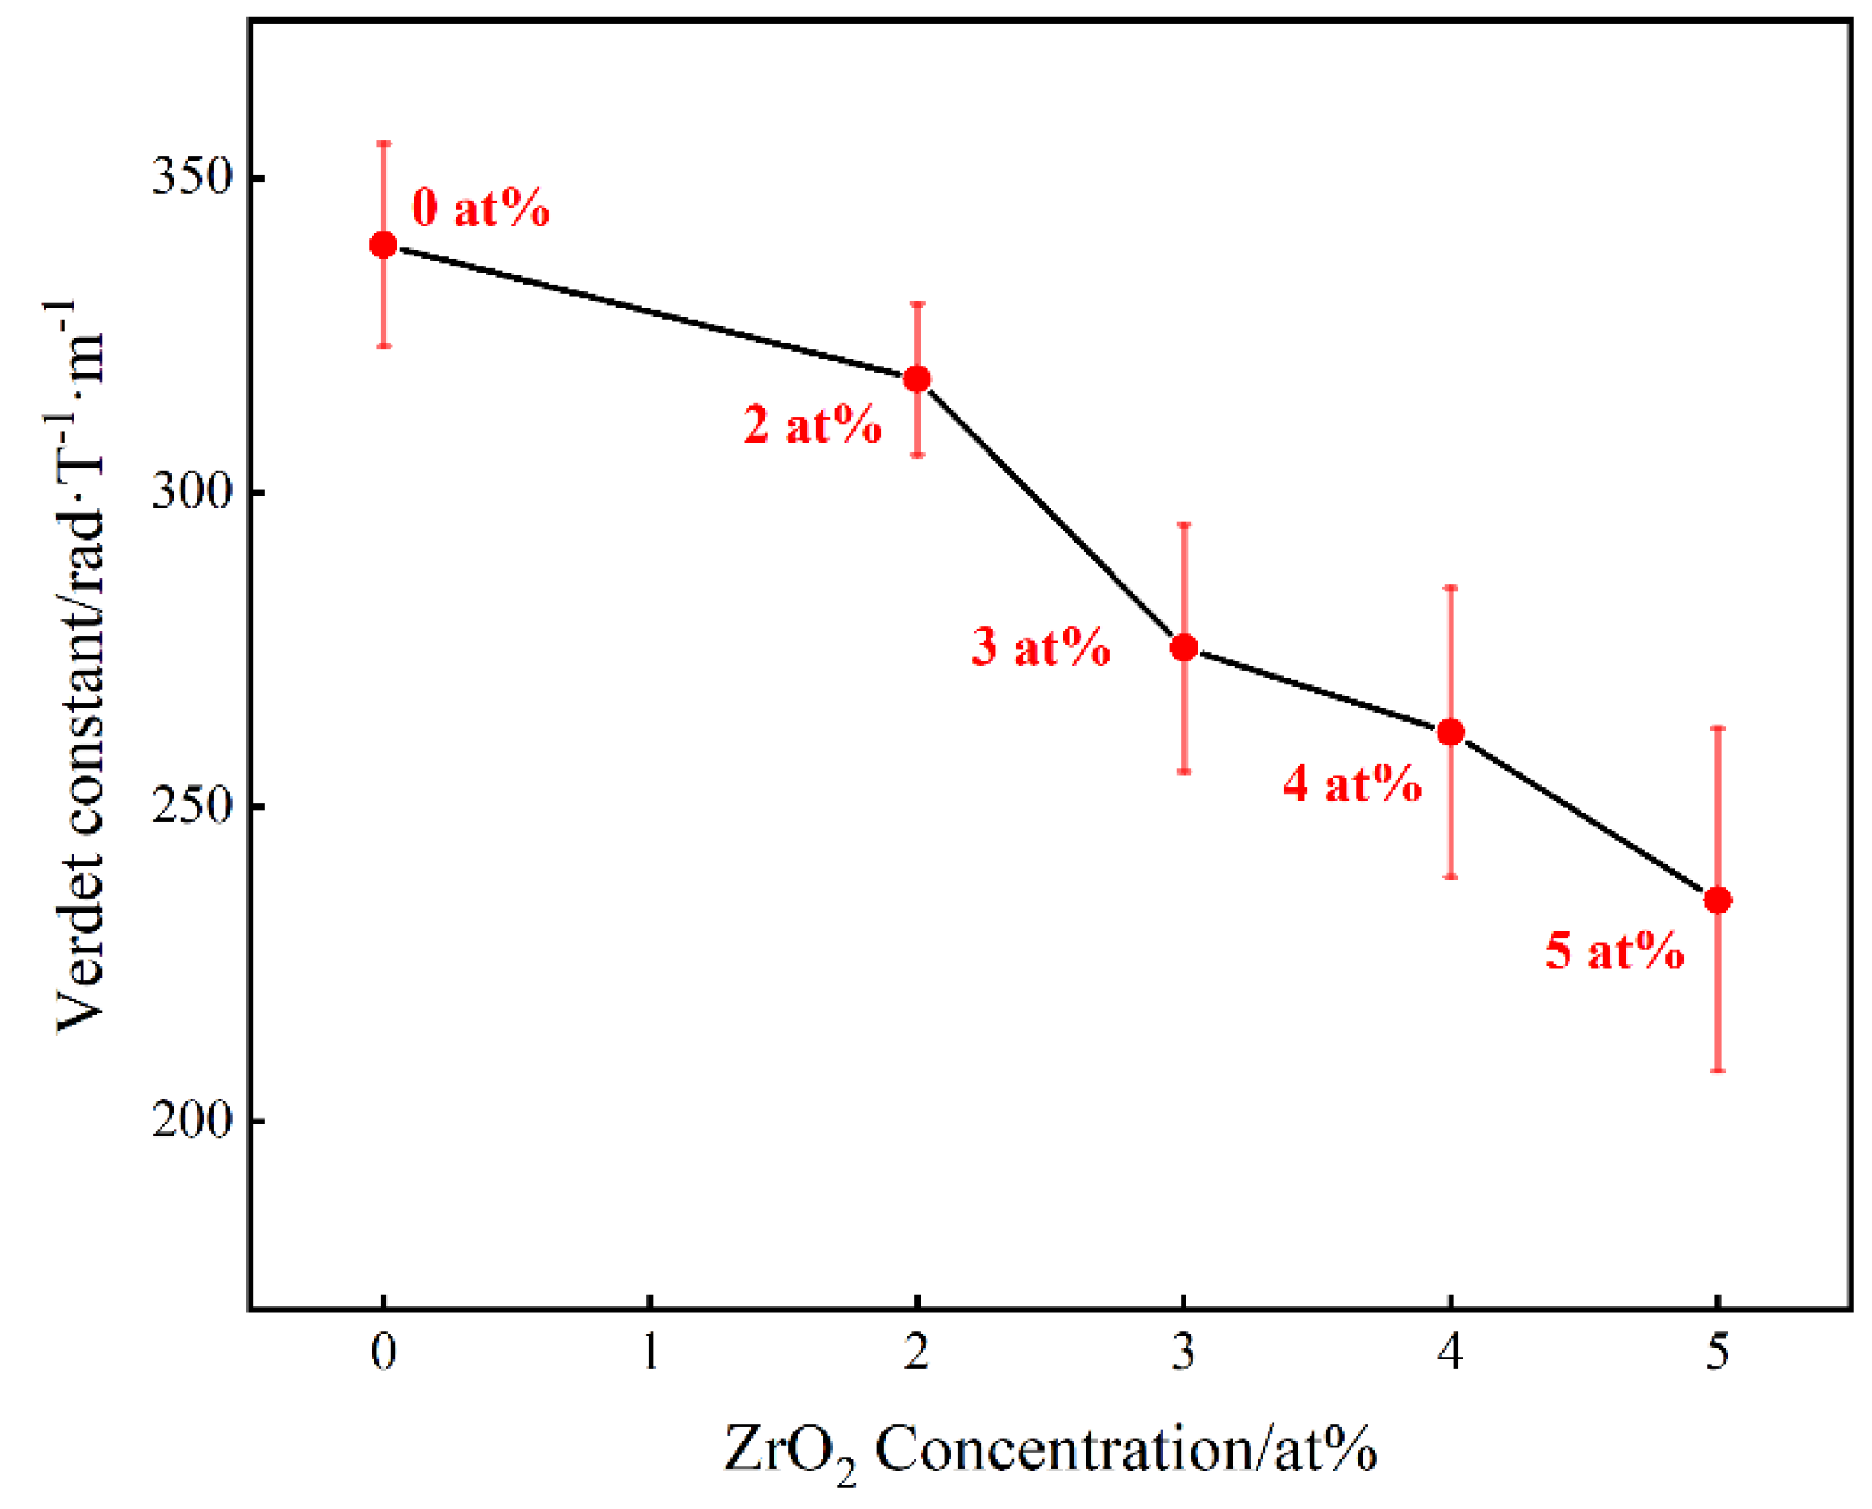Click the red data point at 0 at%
[x=384, y=245]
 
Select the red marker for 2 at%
[x=917, y=379]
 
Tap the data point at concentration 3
[x=1184, y=648]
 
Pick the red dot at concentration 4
[x=1451, y=733]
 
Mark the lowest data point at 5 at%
[x=1717, y=901]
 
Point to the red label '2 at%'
[x=812, y=426]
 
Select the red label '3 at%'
[x=1041, y=648]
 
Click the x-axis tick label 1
[x=650, y=1353]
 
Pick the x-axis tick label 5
[x=1717, y=1353]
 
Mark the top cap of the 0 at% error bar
[x=384, y=143]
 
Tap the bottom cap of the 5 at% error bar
[x=1717, y=1071]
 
